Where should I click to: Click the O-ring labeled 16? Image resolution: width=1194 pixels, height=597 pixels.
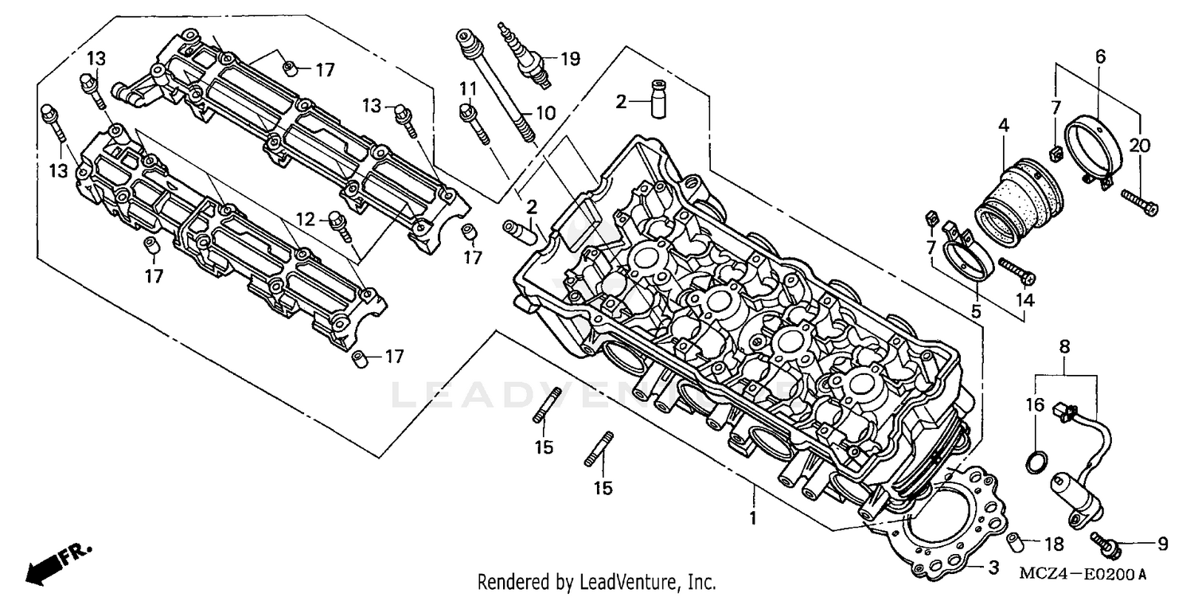(x=1032, y=462)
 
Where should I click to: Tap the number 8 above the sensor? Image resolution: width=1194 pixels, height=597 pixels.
(x=1064, y=346)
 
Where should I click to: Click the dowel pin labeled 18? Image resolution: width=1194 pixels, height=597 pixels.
(x=1016, y=545)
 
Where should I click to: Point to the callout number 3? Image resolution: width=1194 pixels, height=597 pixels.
(x=993, y=568)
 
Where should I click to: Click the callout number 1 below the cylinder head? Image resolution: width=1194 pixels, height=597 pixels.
(x=752, y=518)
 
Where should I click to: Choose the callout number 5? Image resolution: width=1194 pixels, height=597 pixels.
(x=976, y=312)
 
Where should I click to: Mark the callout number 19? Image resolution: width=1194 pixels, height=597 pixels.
(x=570, y=58)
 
